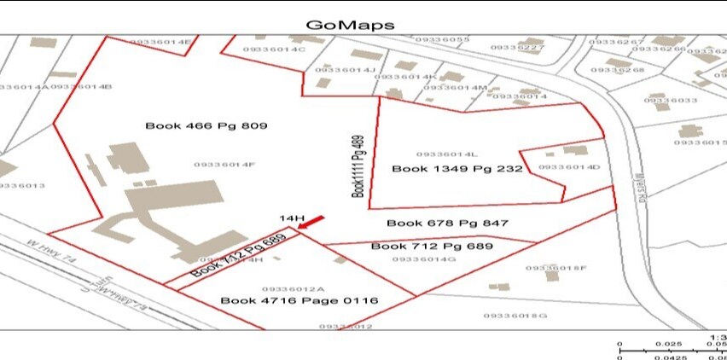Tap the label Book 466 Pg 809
[206, 125]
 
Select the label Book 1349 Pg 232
[457, 169]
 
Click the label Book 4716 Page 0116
[299, 300]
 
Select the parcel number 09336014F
[224, 165]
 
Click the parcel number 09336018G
[515, 316]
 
